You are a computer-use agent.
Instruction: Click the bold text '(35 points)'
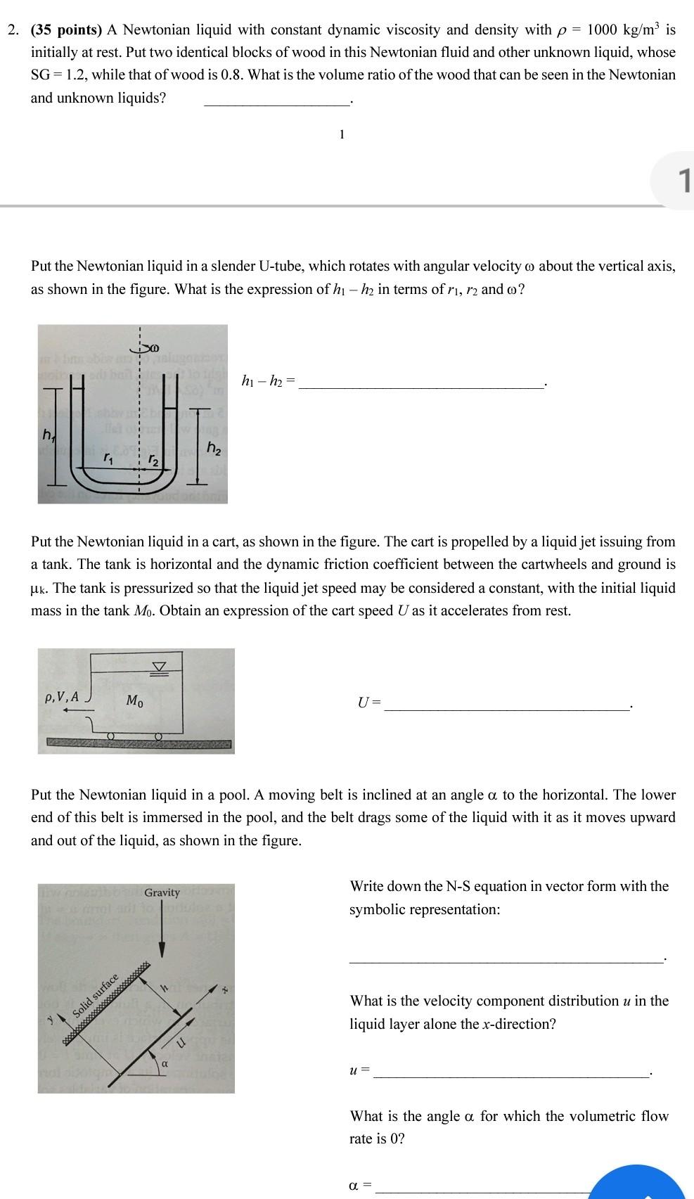(x=67, y=30)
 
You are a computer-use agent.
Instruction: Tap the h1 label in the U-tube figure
(x=48, y=437)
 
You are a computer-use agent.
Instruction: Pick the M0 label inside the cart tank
(x=136, y=700)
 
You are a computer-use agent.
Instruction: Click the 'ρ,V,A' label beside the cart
(x=63, y=698)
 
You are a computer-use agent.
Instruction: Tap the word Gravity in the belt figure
(x=162, y=892)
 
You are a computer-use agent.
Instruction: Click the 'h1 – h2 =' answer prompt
(x=268, y=382)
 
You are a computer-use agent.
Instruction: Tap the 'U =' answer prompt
(x=368, y=702)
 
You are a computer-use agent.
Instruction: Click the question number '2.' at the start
(x=13, y=30)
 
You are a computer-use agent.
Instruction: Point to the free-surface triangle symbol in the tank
(x=160, y=666)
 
